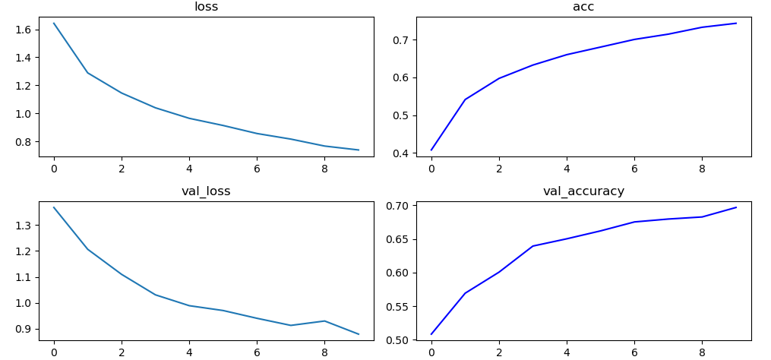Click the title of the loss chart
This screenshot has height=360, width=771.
(x=206, y=7)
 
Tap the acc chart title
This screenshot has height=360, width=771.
(x=583, y=7)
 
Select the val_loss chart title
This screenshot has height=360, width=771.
(x=206, y=191)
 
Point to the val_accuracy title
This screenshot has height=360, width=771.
(x=583, y=191)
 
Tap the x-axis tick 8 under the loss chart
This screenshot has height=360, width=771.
(x=324, y=168)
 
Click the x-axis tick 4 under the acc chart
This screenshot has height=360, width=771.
(x=567, y=168)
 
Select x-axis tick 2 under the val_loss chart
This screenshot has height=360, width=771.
(x=122, y=352)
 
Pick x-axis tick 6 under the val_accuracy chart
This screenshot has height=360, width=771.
(x=634, y=352)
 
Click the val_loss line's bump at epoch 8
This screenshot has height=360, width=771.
(x=324, y=321)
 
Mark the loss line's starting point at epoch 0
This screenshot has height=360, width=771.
(x=54, y=24)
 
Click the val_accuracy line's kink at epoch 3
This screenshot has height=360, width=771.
(x=533, y=246)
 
